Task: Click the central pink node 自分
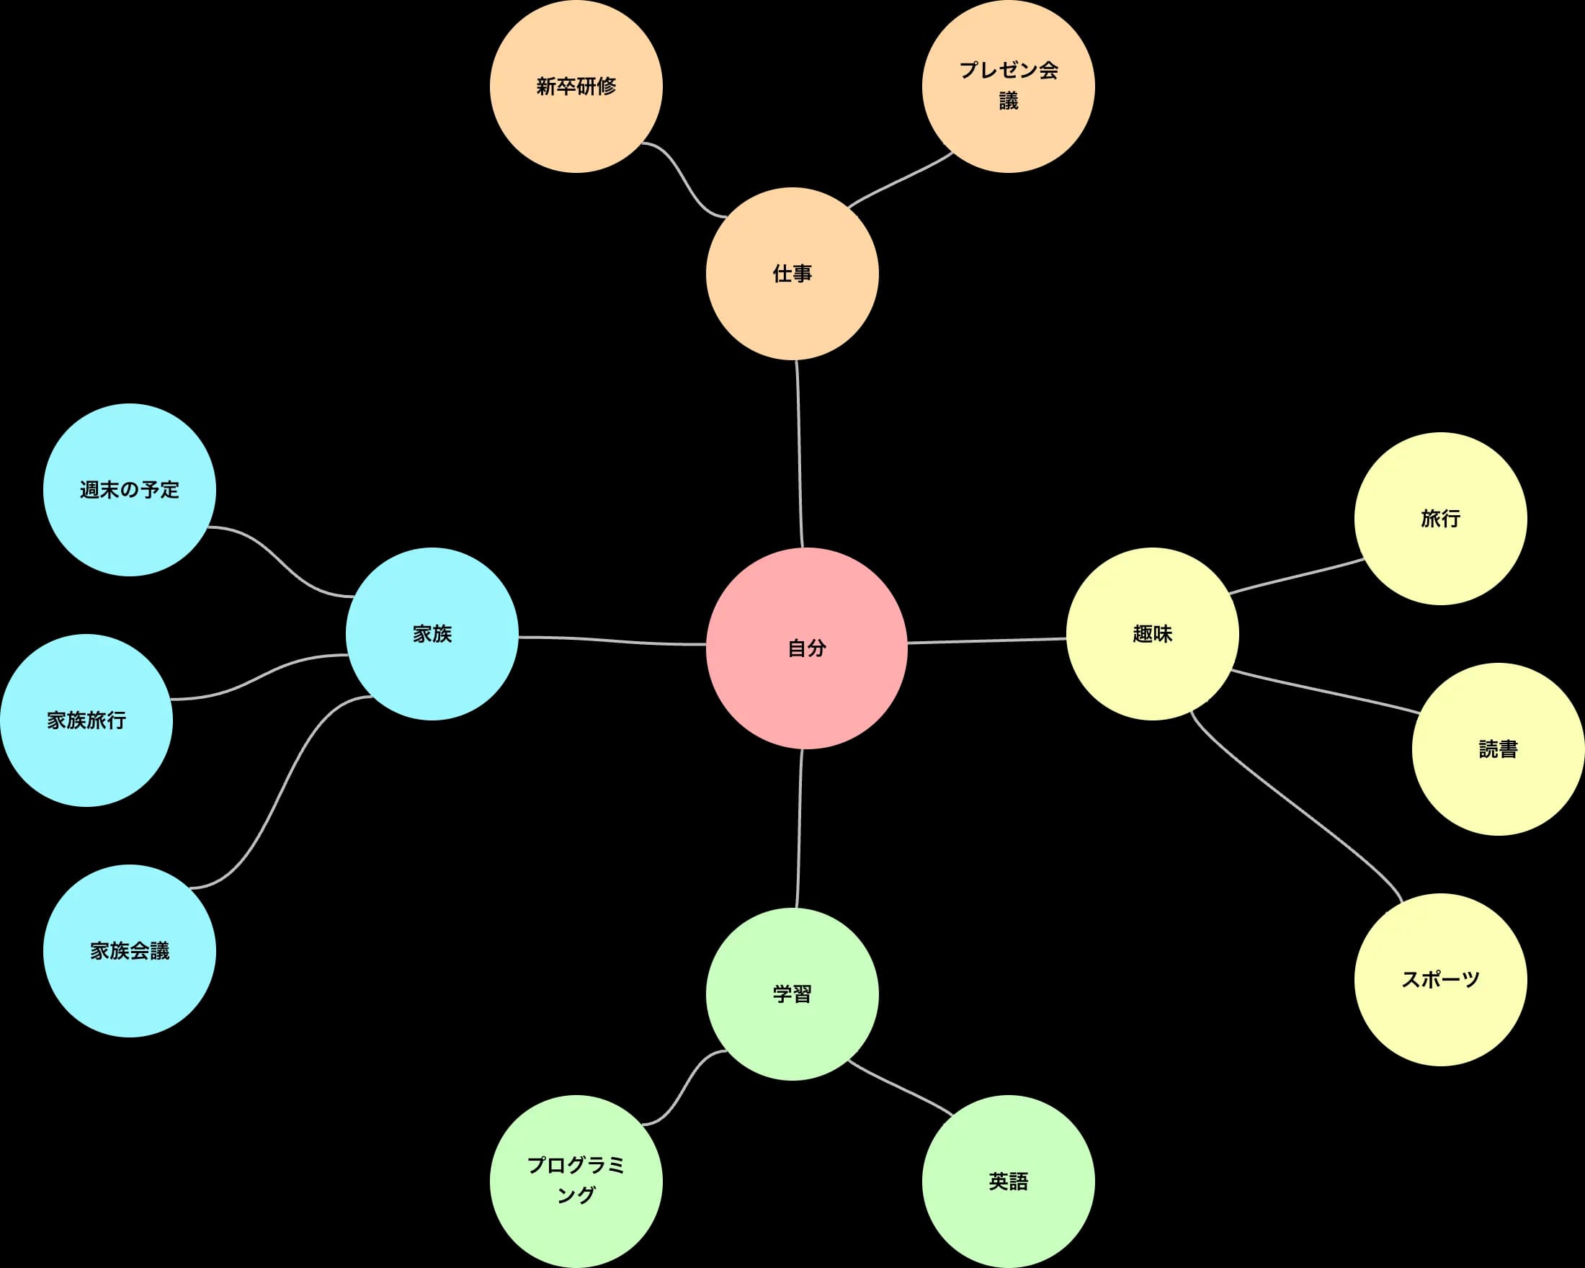(x=806, y=648)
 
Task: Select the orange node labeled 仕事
(x=792, y=274)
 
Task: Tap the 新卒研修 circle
(x=576, y=86)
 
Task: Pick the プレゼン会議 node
(x=1008, y=86)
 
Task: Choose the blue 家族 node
(x=432, y=633)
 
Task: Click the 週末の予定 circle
(x=130, y=490)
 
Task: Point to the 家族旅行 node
(x=86, y=720)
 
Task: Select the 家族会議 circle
(x=130, y=950)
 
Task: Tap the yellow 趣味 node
(x=1152, y=633)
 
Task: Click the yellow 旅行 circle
(x=1440, y=519)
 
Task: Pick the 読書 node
(x=1498, y=749)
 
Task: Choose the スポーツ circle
(x=1440, y=979)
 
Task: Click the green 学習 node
(x=792, y=994)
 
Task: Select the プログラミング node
(x=576, y=1182)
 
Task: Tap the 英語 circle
(x=1008, y=1182)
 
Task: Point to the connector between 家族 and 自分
(x=612, y=641)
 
